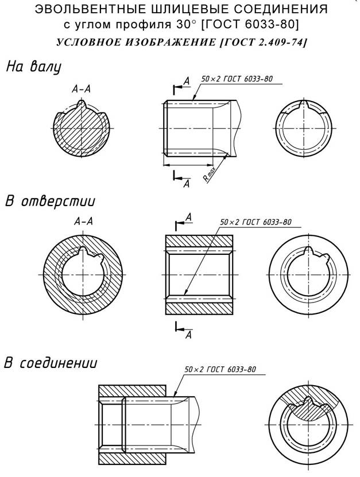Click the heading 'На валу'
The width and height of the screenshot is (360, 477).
click(x=34, y=67)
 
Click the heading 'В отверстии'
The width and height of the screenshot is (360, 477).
click(x=50, y=201)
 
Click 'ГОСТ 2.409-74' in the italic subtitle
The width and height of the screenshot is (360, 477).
click(x=262, y=42)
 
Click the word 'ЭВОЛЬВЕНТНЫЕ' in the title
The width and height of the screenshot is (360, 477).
click(x=90, y=9)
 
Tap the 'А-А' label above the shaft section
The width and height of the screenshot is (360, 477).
click(x=82, y=89)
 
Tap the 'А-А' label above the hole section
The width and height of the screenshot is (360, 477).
click(x=83, y=221)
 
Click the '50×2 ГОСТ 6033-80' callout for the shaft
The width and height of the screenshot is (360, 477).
click(x=237, y=79)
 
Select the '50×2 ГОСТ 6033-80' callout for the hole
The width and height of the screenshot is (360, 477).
click(x=256, y=222)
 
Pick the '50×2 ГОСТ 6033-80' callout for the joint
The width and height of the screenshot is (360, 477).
click(x=220, y=369)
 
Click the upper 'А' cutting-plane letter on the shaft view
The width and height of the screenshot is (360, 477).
click(x=187, y=81)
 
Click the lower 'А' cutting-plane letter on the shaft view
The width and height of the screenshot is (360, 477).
click(x=186, y=184)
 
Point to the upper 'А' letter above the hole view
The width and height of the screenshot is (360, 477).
click(x=189, y=217)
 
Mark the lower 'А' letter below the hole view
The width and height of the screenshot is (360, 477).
click(x=189, y=335)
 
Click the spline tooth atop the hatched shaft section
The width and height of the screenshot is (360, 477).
click(x=82, y=104)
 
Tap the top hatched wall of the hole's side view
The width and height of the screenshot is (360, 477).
click(x=199, y=242)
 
